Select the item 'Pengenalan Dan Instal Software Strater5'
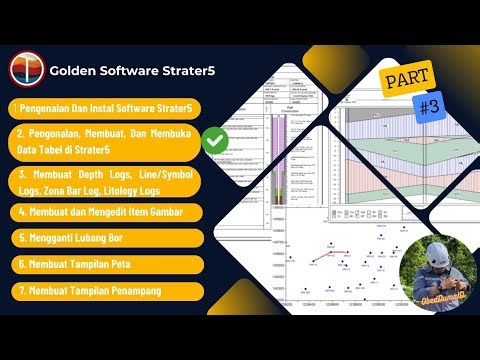coord(103,107)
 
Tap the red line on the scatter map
coord(336,252)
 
